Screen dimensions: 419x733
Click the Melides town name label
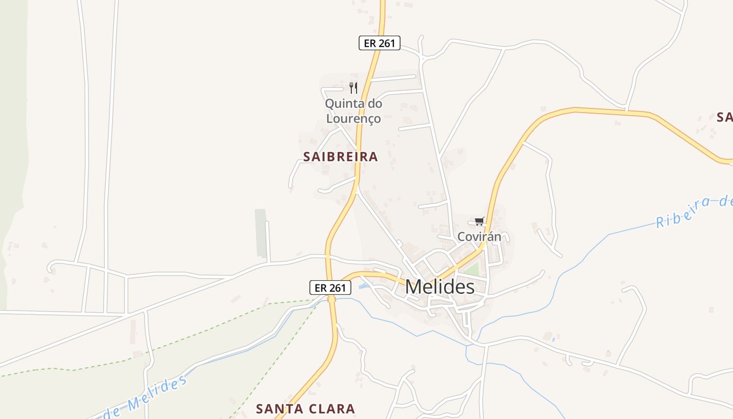tap(440, 287)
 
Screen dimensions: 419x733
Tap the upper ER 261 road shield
tap(379, 43)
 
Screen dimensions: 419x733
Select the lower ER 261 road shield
tap(330, 288)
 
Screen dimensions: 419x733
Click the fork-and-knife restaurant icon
tap(353, 87)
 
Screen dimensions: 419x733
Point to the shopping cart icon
tap(480, 222)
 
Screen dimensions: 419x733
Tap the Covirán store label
tap(479, 236)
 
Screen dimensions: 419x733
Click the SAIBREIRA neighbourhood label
tap(340, 157)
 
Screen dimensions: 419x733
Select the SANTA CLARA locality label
tap(305, 409)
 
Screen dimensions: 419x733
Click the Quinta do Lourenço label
tap(353, 111)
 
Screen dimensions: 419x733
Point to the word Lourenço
tap(353, 119)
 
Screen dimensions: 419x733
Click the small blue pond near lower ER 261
tap(363, 286)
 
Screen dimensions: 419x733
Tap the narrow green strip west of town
tap(260, 233)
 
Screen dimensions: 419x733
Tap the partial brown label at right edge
tap(725, 117)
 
